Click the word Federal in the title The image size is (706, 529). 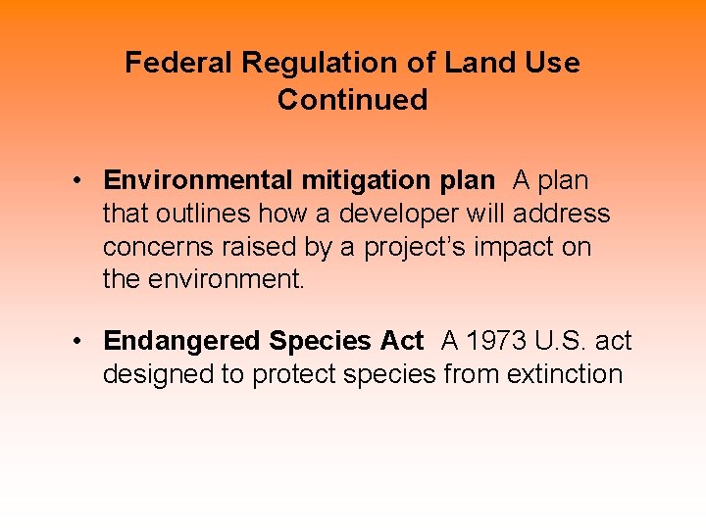[x=179, y=64]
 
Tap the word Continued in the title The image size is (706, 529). [x=352, y=100]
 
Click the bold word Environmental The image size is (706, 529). [x=198, y=180]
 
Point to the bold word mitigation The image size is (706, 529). [x=361, y=180]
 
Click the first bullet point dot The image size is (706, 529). [x=76, y=181]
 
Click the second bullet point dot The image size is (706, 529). [x=76, y=342]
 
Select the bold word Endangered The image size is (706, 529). [x=182, y=341]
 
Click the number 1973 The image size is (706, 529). [x=494, y=341]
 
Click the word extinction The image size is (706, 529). [x=564, y=374]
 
